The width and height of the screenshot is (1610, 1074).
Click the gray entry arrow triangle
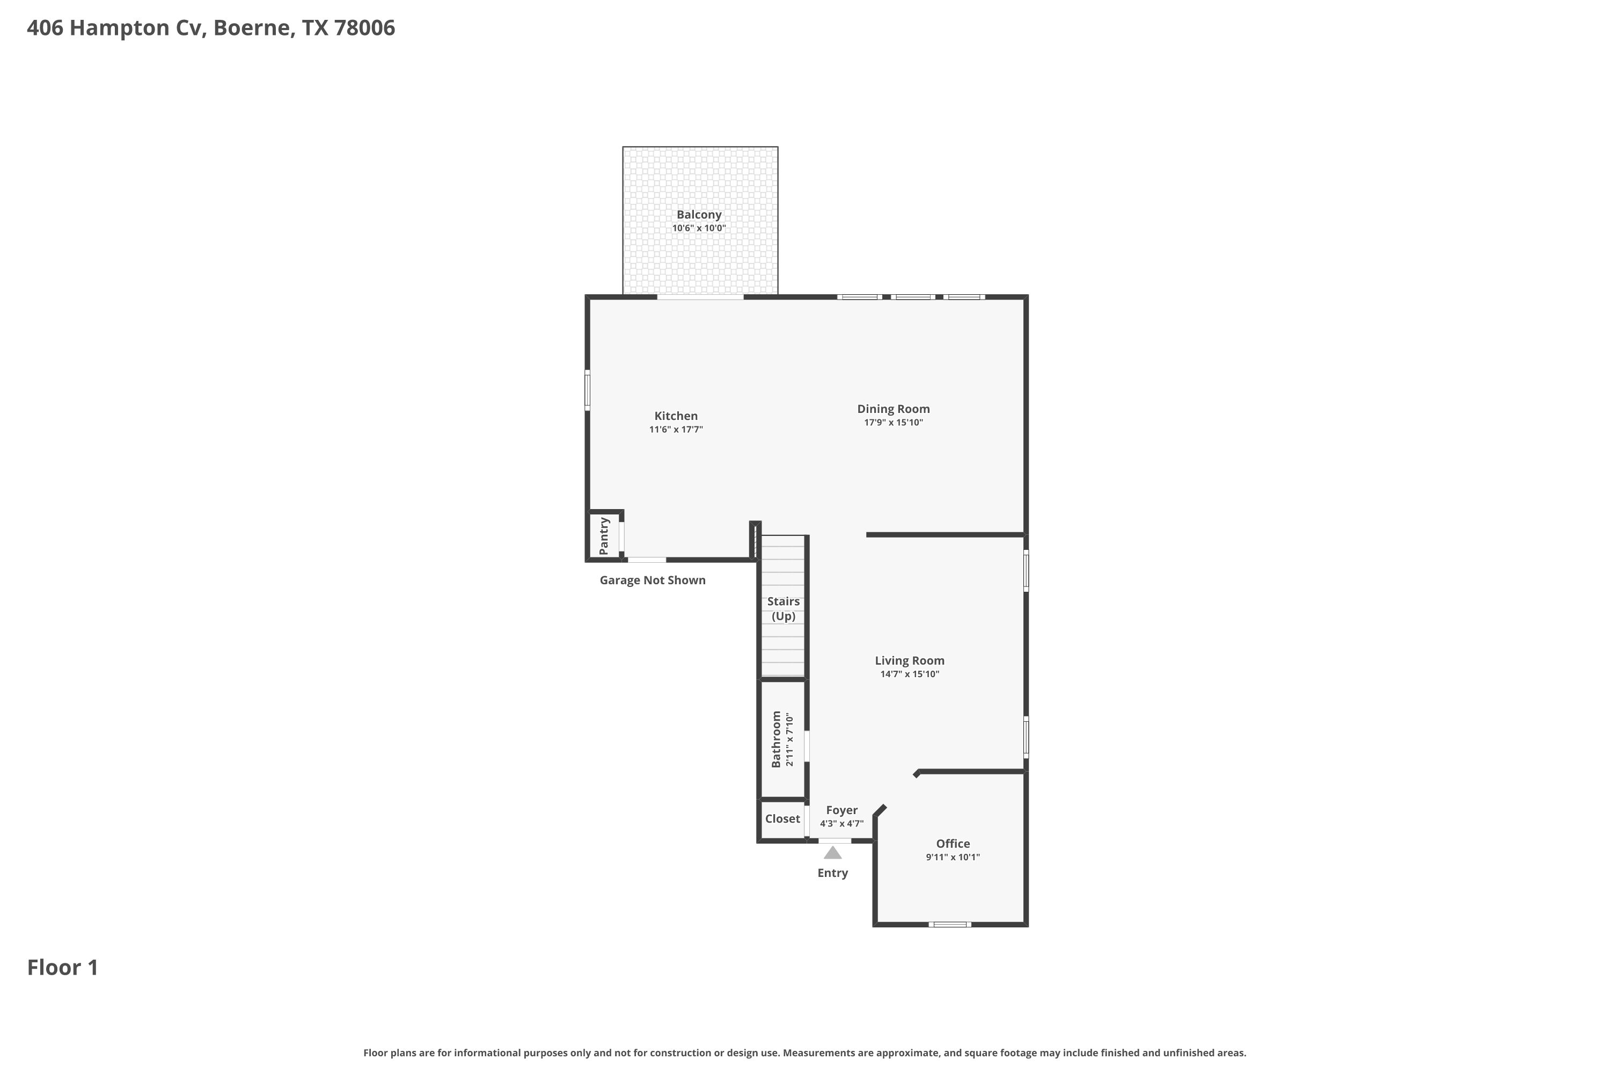(832, 853)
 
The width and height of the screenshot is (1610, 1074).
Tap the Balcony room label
(699, 214)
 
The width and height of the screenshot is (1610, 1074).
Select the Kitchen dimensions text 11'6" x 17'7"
(676, 430)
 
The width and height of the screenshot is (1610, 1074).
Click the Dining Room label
(894, 409)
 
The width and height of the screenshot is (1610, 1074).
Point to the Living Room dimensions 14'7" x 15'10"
(910, 674)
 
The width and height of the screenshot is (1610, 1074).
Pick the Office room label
(953, 843)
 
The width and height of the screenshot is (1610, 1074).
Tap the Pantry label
(604, 535)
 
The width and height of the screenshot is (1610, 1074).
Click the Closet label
(782, 818)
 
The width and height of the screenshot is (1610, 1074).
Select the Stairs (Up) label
(783, 608)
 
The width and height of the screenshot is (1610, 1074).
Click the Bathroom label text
(776, 739)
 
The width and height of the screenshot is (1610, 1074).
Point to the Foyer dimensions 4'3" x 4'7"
(842, 824)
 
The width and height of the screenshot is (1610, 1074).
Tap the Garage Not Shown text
(653, 580)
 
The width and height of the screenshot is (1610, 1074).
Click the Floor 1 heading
(63, 967)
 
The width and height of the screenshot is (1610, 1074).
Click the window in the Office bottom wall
(949, 925)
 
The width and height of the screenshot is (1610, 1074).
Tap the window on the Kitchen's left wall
(587, 390)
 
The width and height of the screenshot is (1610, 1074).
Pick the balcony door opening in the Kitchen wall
(700, 297)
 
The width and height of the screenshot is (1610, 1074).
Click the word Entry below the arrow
(832, 873)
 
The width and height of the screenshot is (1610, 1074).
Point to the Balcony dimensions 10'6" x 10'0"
(699, 228)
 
